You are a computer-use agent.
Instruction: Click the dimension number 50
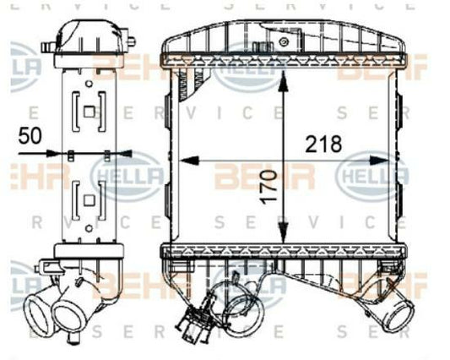[30, 136]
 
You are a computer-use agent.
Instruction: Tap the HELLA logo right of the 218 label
[374, 175]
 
